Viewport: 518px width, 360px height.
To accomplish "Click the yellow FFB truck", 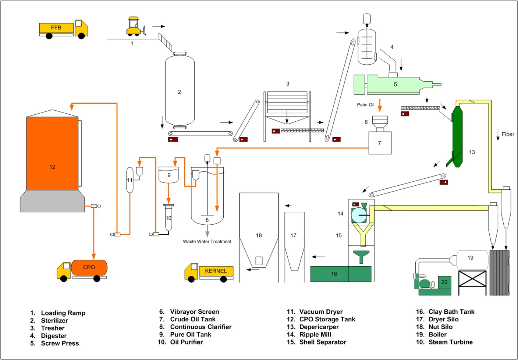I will tap(63, 29).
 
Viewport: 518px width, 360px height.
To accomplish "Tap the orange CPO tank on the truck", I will tap(89, 267).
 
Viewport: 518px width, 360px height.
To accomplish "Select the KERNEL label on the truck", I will tap(216, 271).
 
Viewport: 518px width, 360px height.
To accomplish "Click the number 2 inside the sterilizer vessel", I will tap(179, 92).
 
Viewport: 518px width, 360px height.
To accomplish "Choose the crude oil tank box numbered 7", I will tap(380, 143).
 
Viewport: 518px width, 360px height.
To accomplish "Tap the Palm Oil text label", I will tap(365, 105).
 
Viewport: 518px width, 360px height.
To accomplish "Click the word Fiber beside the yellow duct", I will tap(508, 135).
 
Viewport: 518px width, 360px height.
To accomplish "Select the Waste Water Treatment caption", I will tap(207, 242).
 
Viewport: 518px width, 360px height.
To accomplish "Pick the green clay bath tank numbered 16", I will tap(340, 274).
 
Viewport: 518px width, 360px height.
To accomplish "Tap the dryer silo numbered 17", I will tap(294, 235).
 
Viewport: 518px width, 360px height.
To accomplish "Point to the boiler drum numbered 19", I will tap(472, 260).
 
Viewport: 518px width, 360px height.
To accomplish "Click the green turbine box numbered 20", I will tap(444, 282).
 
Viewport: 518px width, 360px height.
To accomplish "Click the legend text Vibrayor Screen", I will tap(194, 312).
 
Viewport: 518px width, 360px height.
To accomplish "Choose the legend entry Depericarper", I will tap(319, 327).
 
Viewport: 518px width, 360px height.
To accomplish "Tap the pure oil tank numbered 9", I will tap(168, 175).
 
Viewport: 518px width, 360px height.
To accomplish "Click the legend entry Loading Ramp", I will tap(63, 313).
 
